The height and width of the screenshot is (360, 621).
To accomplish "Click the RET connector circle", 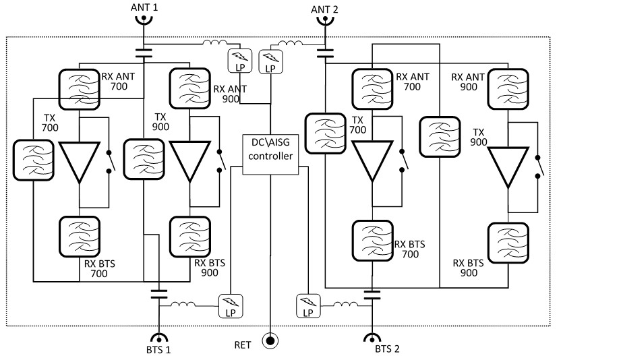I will point(270,341).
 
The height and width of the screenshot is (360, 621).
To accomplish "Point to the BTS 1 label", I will point(158,349).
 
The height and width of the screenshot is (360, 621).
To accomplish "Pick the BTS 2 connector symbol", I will point(371,336).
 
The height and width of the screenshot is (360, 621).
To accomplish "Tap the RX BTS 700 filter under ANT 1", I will point(80,236).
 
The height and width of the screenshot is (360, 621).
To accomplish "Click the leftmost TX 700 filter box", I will point(33,160).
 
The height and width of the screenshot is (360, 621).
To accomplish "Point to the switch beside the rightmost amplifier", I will point(538,168).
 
